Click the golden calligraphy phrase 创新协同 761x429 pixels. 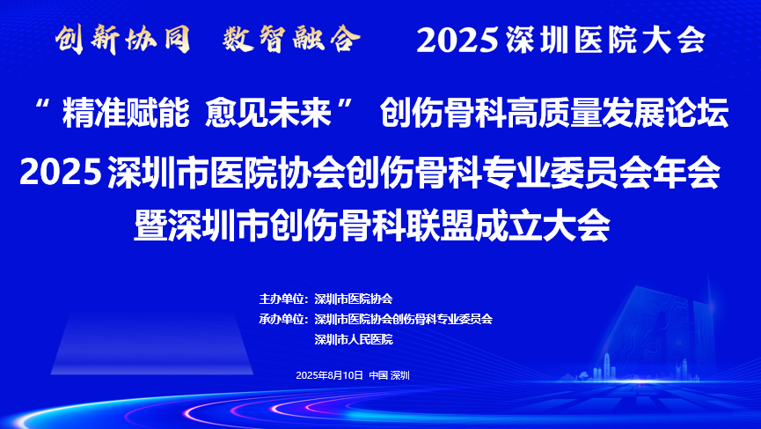pyautogui.click(x=122, y=40)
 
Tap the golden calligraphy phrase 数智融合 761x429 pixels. pyautogui.click(x=292, y=39)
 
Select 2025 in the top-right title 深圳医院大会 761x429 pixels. pyautogui.click(x=457, y=40)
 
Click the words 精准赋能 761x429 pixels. pyautogui.click(x=126, y=114)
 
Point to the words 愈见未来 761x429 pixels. pyautogui.click(x=268, y=114)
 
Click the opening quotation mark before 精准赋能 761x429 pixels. pyautogui.click(x=44, y=105)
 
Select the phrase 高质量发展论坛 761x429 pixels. pyautogui.click(x=618, y=114)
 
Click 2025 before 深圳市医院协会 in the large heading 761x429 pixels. pyautogui.click(x=61, y=172)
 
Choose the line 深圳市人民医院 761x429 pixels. pyautogui.click(x=354, y=340)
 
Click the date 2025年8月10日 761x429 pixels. pyautogui.click(x=330, y=375)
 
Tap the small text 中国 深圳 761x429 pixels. pyautogui.click(x=389, y=375)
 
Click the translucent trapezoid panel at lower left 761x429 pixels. pyautogui.click(x=152, y=343)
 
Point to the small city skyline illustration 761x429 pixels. pyautogui.click(x=631, y=369)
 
